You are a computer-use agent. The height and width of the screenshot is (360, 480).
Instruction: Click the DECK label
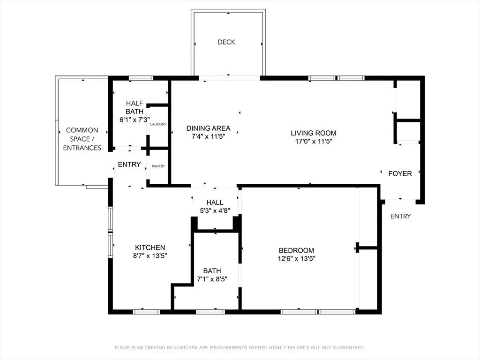pyautogui.click(x=226, y=42)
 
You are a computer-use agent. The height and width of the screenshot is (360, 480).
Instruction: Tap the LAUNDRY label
pyautogui.click(x=158, y=124)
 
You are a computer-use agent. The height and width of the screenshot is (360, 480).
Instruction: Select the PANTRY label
pyautogui.click(x=158, y=166)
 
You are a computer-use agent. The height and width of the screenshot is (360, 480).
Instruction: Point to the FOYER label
pyautogui.click(x=400, y=173)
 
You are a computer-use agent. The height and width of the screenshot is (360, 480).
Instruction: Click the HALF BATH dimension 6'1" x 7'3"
pyautogui.click(x=135, y=120)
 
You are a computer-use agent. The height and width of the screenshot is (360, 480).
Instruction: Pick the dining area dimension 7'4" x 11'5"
pyautogui.click(x=208, y=136)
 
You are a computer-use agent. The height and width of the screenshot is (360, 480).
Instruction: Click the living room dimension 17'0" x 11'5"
pyautogui.click(x=314, y=141)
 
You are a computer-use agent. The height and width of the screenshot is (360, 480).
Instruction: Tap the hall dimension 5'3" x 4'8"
pyautogui.click(x=215, y=210)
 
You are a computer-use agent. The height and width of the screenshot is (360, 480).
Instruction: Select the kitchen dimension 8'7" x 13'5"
pyautogui.click(x=150, y=255)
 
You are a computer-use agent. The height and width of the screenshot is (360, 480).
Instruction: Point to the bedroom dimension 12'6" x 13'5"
pyautogui.click(x=296, y=258)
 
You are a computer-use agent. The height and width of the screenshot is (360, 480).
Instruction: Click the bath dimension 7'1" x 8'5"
pyautogui.click(x=212, y=279)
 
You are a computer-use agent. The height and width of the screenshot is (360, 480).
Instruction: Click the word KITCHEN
pyautogui.click(x=150, y=247)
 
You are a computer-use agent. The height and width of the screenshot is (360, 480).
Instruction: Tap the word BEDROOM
pyautogui.click(x=296, y=250)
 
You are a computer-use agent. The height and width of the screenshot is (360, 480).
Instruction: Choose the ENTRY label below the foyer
pyautogui.click(x=400, y=216)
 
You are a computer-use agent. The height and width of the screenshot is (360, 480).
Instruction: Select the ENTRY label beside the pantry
pyautogui.click(x=129, y=165)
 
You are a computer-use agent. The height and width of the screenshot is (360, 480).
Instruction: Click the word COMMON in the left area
pyautogui.click(x=82, y=130)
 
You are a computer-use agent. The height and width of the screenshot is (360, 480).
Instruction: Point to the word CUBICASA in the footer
pyautogui.click(x=187, y=348)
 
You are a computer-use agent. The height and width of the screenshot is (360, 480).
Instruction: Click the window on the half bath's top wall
pyautogui.click(x=141, y=78)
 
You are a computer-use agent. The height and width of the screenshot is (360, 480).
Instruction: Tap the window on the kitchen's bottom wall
pyautogui.click(x=146, y=312)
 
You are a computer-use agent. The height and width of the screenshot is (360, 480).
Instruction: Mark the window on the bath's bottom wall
pyautogui.click(x=210, y=312)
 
